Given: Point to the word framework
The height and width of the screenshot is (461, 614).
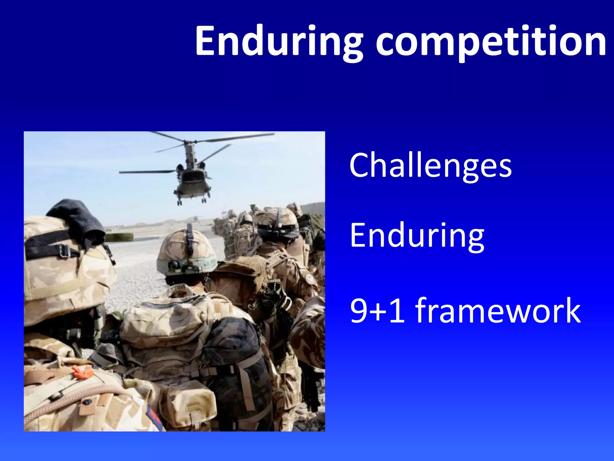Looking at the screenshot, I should [x=498, y=311].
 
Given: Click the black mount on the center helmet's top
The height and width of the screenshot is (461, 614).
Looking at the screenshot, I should [x=189, y=237].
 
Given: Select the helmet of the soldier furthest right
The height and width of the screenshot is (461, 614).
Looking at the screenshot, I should [x=277, y=222].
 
